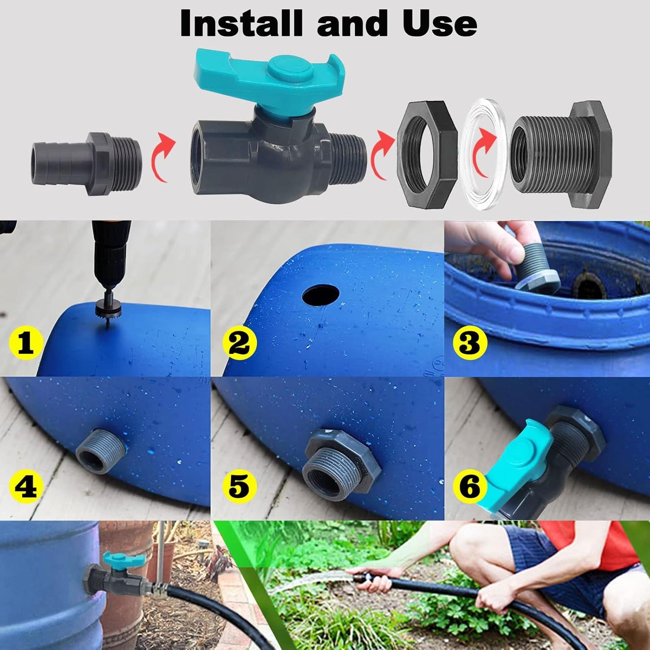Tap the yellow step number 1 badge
point(26,344)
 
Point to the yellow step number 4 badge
point(26,486)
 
